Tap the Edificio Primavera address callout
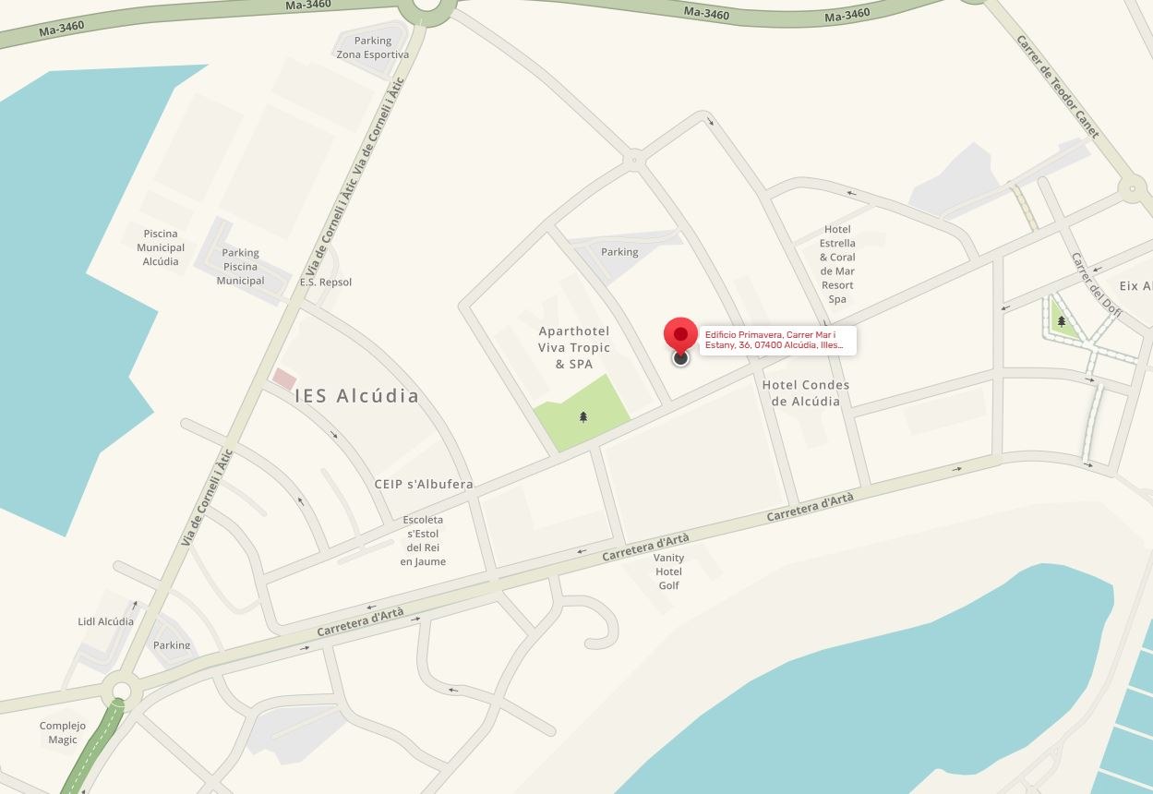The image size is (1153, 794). point(776,340)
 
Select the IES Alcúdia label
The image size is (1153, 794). point(356,396)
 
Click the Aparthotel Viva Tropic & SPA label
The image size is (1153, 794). point(574,347)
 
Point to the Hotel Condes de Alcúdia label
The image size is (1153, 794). point(805,392)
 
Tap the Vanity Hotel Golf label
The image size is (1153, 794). point(668,571)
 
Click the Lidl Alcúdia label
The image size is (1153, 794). point(105,621)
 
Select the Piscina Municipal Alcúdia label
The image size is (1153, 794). point(161,247)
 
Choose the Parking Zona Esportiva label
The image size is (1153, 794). point(372,47)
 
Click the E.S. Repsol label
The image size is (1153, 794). point(326,282)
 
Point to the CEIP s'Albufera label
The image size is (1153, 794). point(424,484)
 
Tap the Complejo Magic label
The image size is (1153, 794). point(63,732)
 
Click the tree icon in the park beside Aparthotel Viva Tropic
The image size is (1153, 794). point(583,417)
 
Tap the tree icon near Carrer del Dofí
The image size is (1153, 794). point(1062,321)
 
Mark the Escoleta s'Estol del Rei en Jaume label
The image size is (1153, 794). point(425,540)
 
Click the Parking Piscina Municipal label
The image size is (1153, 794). point(240,266)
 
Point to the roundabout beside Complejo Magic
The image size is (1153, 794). point(120,690)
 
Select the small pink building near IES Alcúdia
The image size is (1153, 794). point(284,379)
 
